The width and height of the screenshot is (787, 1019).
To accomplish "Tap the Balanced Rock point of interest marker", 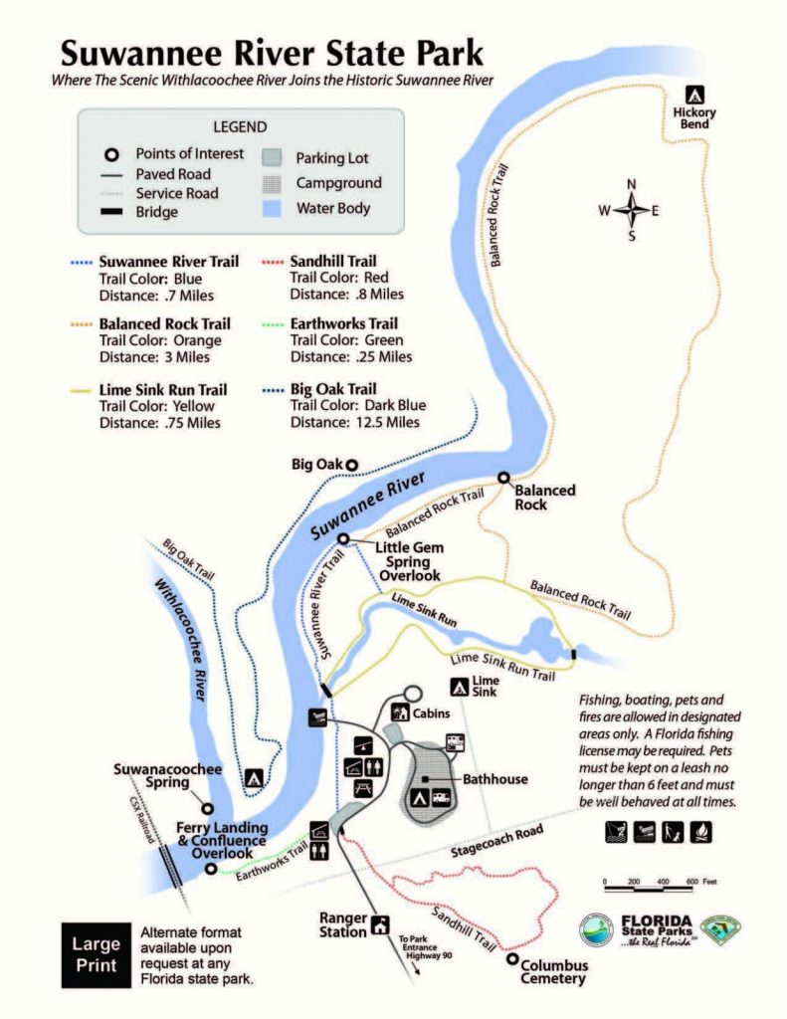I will click(504, 477).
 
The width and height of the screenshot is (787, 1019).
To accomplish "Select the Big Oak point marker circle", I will click(351, 463).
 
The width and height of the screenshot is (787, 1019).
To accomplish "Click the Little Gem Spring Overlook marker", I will click(343, 538).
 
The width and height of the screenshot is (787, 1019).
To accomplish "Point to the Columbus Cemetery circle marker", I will click(512, 959).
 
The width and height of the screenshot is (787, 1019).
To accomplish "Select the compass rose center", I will click(631, 210).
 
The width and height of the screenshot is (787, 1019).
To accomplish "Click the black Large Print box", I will click(96, 953).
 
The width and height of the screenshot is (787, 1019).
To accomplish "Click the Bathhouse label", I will click(494, 779).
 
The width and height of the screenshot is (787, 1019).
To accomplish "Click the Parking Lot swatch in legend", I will click(272, 158).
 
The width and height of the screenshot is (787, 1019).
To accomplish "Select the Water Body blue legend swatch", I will click(272, 208).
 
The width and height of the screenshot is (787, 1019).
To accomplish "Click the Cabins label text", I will click(433, 713).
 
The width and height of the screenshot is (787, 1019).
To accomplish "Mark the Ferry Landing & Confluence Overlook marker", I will click(211, 869).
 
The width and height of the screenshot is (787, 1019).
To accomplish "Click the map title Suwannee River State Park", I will click(271, 51).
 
